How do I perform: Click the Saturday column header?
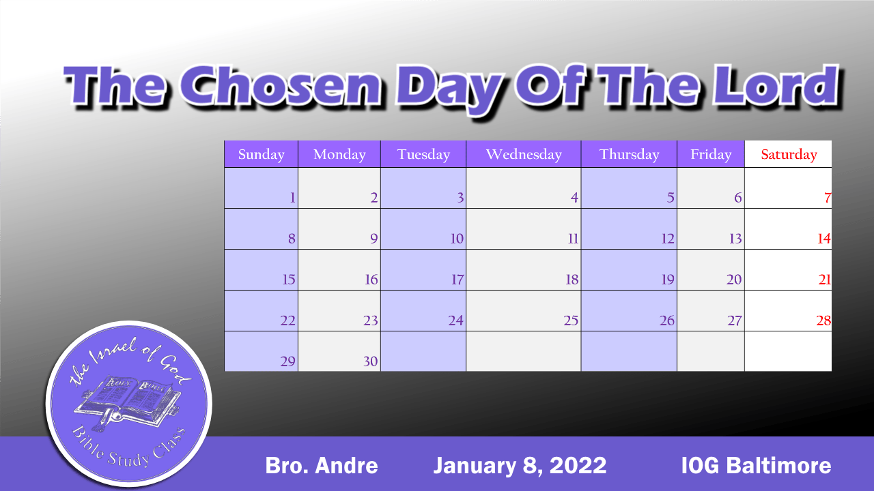pyautogui.click(x=789, y=154)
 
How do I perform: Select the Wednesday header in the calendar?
pyautogui.click(x=524, y=154)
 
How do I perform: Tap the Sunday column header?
pyautogui.click(x=261, y=154)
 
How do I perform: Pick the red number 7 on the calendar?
pyautogui.click(x=827, y=198)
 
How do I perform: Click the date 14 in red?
pyautogui.click(x=823, y=239)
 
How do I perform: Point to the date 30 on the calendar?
pyautogui.click(x=370, y=361)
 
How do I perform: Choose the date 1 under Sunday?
pyautogui.click(x=292, y=198)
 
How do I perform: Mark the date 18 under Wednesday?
pyautogui.click(x=572, y=280)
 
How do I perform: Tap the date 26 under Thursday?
pyautogui.click(x=667, y=321)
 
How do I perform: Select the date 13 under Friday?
pyautogui.click(x=735, y=239)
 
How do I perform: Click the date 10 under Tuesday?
pyautogui.click(x=456, y=239)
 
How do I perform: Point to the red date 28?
pyautogui.click(x=823, y=321)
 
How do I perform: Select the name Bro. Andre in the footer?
pyautogui.click(x=321, y=466)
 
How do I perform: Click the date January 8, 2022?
pyautogui.click(x=520, y=466)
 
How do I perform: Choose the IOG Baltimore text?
pyautogui.click(x=756, y=466)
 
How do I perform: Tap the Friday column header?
pyautogui.click(x=711, y=154)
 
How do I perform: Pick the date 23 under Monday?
pyautogui.click(x=370, y=321)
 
